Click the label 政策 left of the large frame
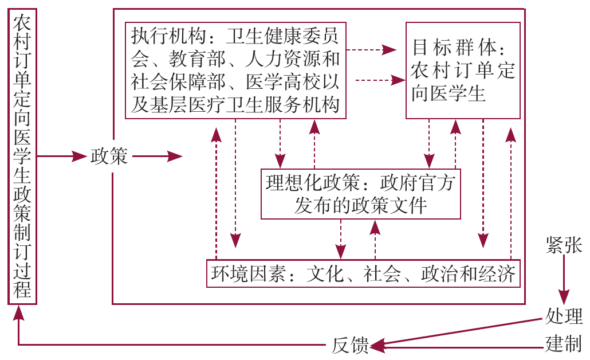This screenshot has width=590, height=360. click(109, 156)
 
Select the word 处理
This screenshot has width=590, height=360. click(564, 316)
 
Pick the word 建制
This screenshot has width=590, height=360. click(564, 345)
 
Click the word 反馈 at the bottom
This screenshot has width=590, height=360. click(350, 346)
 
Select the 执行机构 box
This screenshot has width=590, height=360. click(235, 71)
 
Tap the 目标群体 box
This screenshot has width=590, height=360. click(463, 70)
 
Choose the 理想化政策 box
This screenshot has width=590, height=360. click(360, 194)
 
